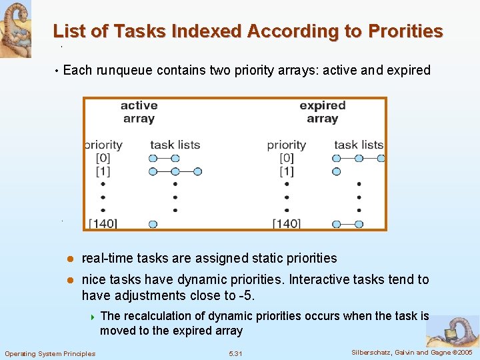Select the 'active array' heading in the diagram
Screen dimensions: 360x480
coord(139,111)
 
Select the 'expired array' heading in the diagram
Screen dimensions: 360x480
coord(323,111)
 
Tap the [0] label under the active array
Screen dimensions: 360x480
coord(103,158)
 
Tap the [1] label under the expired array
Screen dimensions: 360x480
coord(287,171)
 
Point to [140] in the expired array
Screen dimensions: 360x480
coord(287,223)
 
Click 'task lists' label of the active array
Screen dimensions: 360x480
coord(175,145)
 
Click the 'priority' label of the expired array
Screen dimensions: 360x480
coord(287,145)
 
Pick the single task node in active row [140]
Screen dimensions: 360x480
coord(153,224)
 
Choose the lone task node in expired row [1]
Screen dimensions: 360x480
coord(336,171)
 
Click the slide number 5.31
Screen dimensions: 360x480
coord(236,353)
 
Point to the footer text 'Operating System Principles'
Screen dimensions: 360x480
coord(50,353)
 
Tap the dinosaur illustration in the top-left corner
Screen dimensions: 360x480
coord(15,28)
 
